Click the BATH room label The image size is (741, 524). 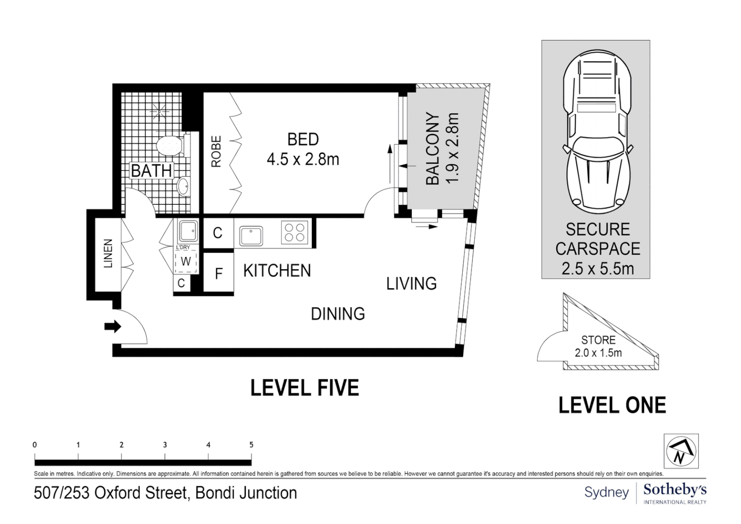(x=151, y=171)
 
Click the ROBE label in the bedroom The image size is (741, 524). (x=216, y=152)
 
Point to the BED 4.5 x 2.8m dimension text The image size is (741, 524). (x=303, y=159)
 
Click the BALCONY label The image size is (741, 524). (x=432, y=149)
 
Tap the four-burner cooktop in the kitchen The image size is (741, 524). (x=295, y=232)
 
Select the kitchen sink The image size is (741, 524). (x=251, y=235)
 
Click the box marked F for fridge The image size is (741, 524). (x=218, y=274)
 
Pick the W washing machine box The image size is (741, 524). (x=186, y=261)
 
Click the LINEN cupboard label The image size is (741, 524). (x=108, y=253)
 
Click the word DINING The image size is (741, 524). (x=338, y=314)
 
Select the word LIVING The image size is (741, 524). (x=411, y=283)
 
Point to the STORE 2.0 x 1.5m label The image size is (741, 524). (x=598, y=346)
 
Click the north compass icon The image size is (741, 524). (x=681, y=451)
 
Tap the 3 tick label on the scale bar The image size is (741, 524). (x=165, y=444)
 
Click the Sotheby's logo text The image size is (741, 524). (x=675, y=490)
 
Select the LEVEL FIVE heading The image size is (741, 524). (x=305, y=388)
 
